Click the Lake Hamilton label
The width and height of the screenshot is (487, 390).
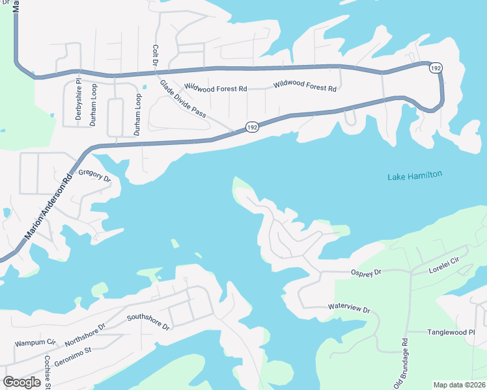click(415, 175)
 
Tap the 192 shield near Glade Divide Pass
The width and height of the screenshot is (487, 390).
click(252, 127)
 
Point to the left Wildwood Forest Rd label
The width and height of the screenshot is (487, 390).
click(216, 86)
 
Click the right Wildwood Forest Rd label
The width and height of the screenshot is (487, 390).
click(305, 85)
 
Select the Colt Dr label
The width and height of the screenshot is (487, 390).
click(155, 55)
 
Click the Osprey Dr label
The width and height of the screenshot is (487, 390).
click(366, 274)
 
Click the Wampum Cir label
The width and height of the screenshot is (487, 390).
click(36, 341)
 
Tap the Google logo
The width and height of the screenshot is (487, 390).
click(22, 382)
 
